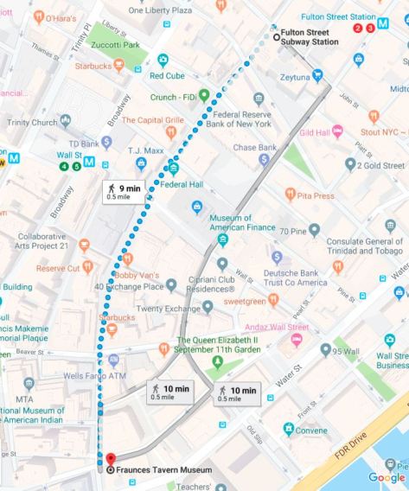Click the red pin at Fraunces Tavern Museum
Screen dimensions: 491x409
pyautogui.click(x=110, y=460)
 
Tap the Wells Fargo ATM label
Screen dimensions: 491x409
pyautogui.click(x=95, y=376)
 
